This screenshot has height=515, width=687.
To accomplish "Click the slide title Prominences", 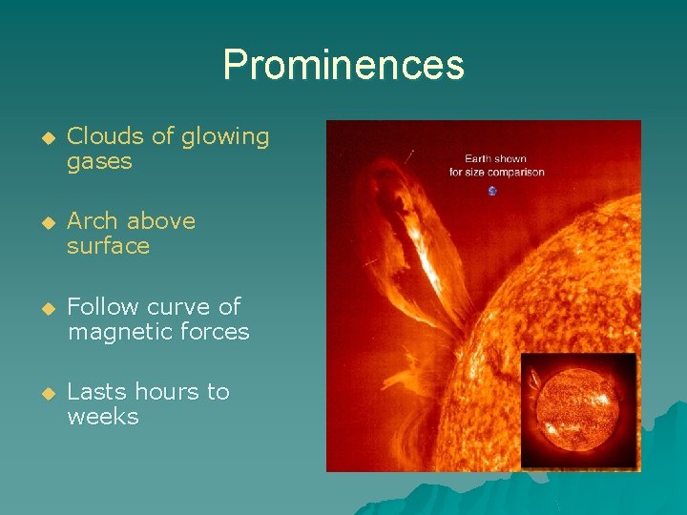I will pos(343,66).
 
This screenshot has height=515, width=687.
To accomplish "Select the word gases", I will pos(99,162).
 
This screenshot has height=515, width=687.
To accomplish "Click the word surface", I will pos(108,246).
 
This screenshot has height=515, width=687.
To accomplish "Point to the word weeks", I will pos(102,417).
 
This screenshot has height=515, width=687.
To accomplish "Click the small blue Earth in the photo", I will pos(492,191).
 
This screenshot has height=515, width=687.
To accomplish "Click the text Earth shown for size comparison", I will pos(496,166).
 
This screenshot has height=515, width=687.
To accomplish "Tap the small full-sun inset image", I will pos(578,409).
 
